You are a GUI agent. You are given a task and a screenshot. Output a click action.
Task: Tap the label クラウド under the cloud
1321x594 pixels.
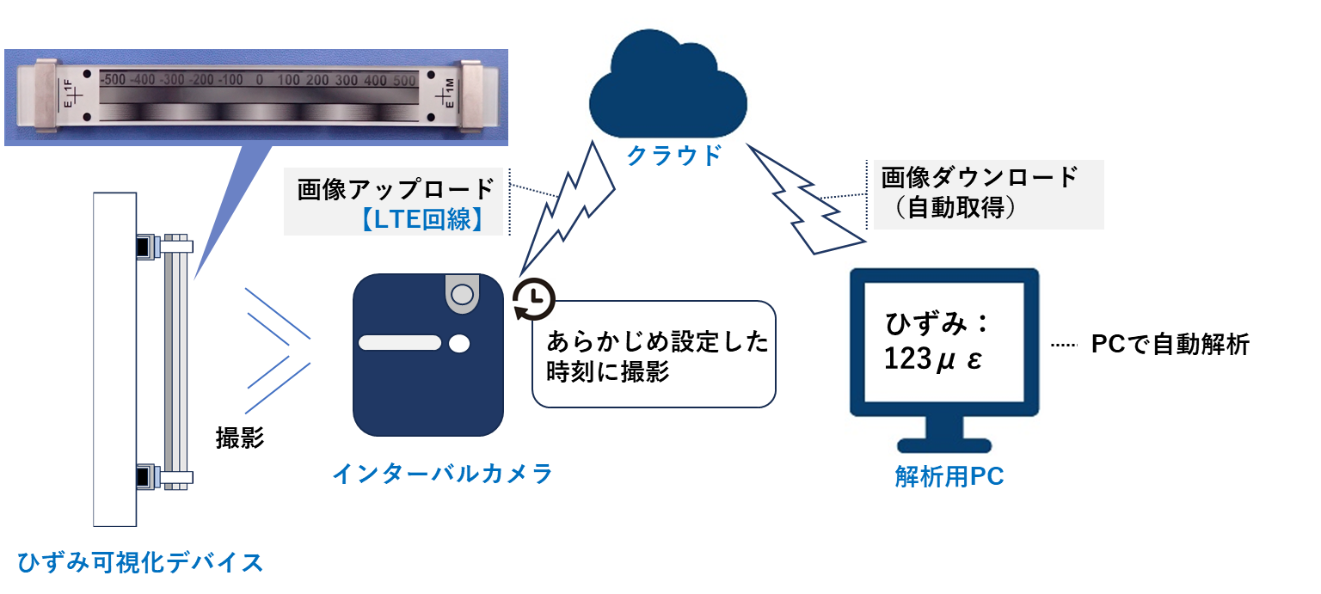coord(673,155)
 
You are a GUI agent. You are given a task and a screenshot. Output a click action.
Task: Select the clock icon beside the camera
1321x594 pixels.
coord(534,299)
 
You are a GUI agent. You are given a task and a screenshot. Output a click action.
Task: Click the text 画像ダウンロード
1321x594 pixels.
coord(980,178)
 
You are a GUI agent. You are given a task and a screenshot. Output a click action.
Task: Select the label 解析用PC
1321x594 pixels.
coord(949,478)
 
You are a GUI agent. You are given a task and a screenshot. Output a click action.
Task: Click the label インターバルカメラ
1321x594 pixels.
coord(442,474)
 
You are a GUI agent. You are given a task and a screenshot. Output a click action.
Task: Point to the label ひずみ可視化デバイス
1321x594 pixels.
coord(140,563)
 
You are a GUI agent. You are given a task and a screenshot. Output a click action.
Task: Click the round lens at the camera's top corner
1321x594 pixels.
coord(462,294)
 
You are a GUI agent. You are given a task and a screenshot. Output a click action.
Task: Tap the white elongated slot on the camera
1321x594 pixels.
coord(399,343)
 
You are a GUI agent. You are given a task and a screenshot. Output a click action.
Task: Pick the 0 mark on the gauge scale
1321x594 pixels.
coord(259,80)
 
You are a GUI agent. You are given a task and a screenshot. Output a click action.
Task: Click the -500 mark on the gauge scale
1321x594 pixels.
coord(113,80)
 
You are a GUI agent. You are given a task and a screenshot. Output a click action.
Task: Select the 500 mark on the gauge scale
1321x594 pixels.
coord(404,80)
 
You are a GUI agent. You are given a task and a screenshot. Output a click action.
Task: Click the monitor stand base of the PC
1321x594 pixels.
coord(943,446)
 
